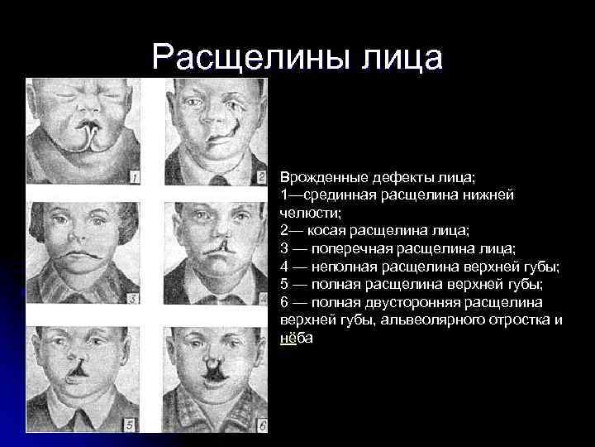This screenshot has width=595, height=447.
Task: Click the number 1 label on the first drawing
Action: click(134, 176)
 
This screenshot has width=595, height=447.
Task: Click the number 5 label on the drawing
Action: click(129, 425)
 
